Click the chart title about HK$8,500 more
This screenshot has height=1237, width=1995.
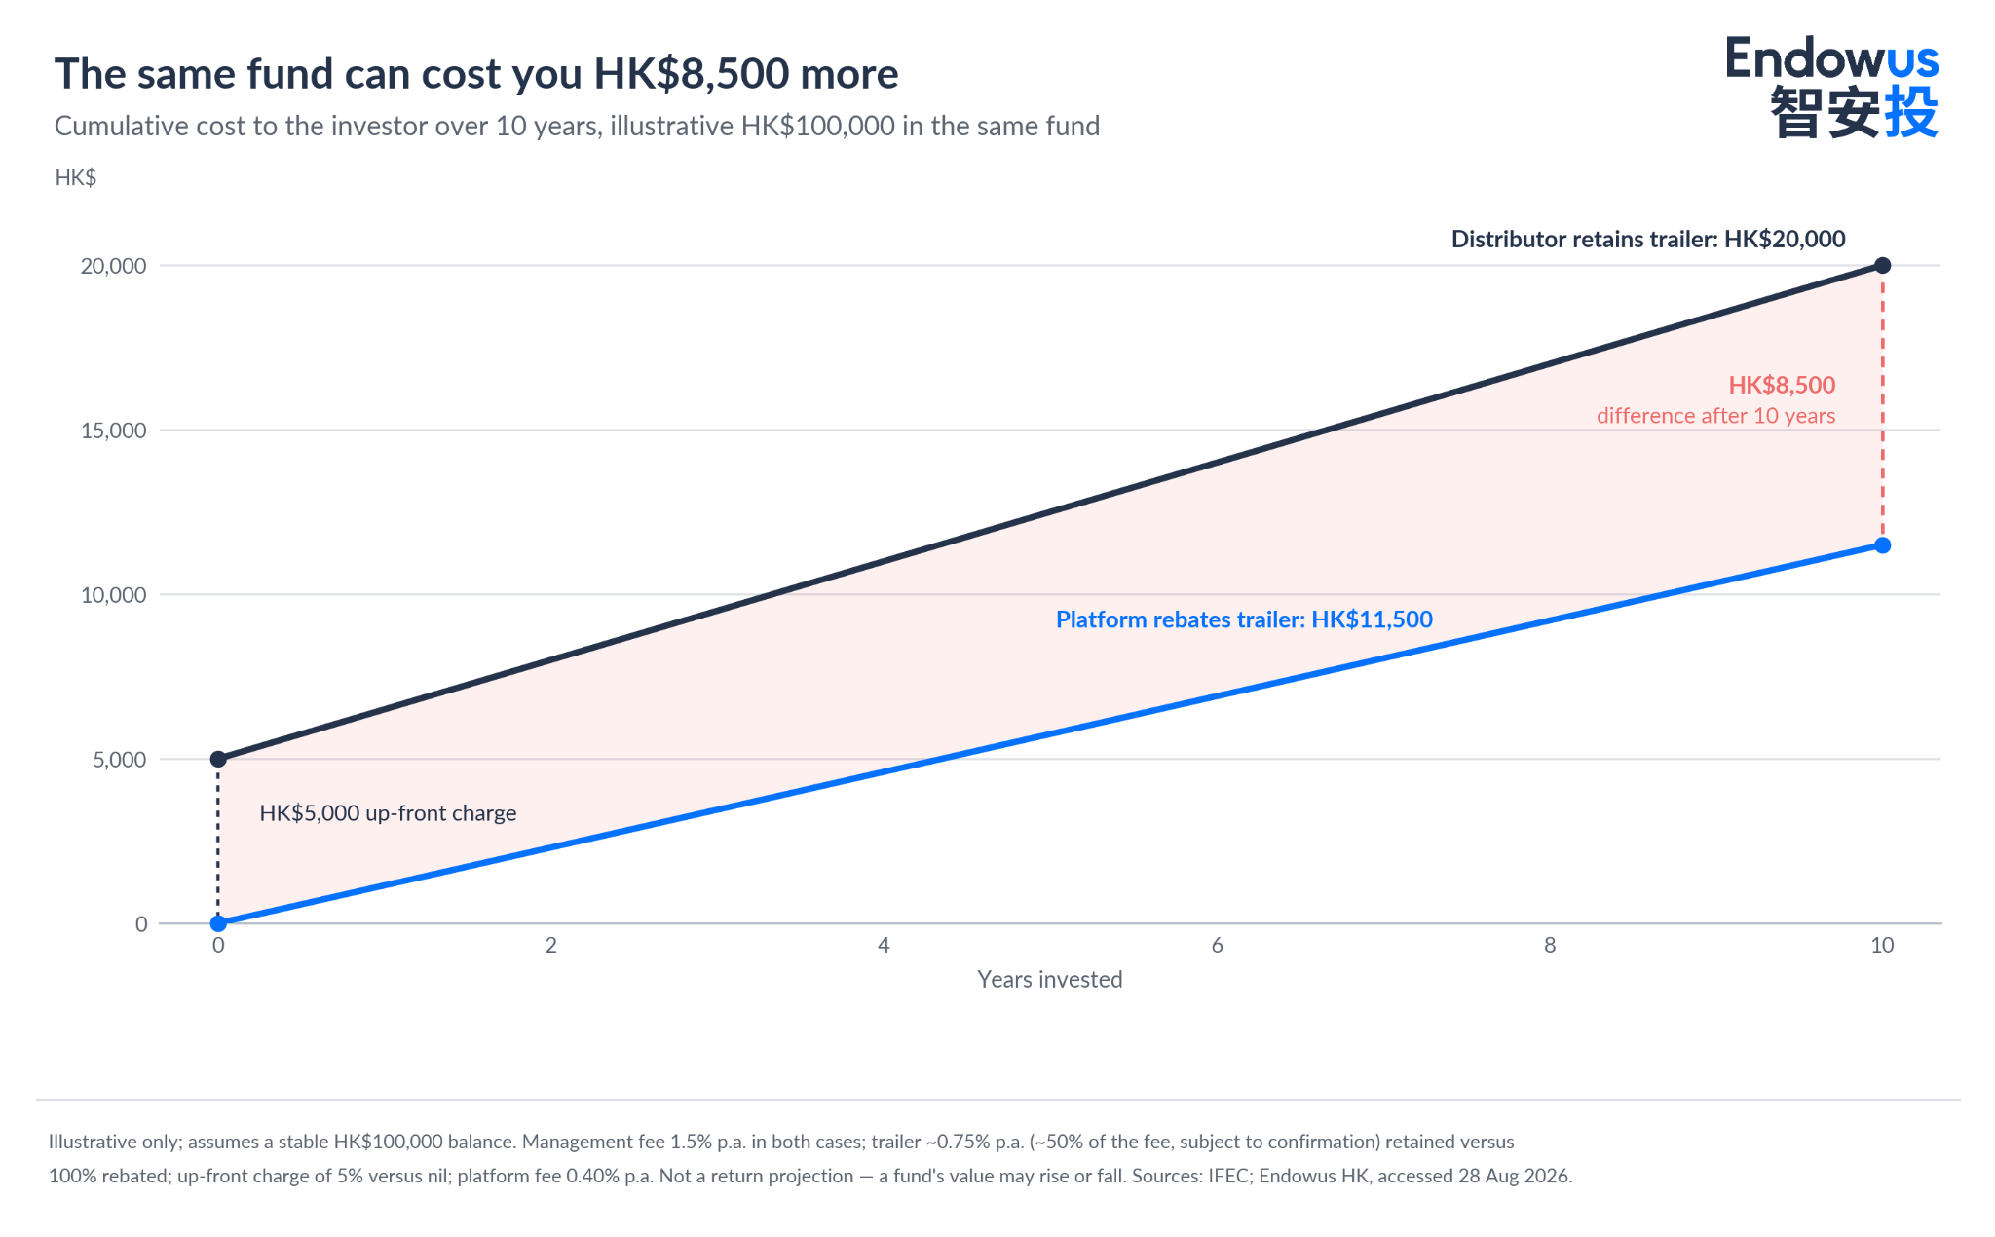point(476,74)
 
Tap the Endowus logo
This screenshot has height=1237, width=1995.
point(1832,87)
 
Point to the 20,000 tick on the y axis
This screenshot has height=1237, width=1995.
point(113,266)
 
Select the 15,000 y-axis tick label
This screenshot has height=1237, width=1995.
point(113,431)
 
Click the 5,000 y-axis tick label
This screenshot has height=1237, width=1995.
point(120,760)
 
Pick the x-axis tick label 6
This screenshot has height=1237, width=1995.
point(1217,945)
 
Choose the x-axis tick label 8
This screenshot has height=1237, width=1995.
point(1550,945)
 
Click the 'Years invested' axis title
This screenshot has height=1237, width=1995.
point(1050,979)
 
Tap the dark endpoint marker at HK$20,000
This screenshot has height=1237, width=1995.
point(1883,266)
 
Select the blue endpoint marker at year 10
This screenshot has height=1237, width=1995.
point(1883,545)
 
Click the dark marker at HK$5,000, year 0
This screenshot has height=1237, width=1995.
point(218,759)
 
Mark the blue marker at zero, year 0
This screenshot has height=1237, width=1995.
point(218,923)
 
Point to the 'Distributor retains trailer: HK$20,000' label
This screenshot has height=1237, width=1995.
point(1648,239)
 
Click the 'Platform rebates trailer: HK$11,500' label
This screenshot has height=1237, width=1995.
point(1244,619)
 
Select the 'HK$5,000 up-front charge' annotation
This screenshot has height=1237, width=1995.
point(388,813)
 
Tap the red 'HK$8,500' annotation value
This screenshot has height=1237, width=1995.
point(1782,385)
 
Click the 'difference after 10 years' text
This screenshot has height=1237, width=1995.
point(1715,416)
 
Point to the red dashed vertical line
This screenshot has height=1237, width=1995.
point(1883,405)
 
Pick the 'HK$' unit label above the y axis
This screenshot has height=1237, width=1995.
point(76,177)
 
